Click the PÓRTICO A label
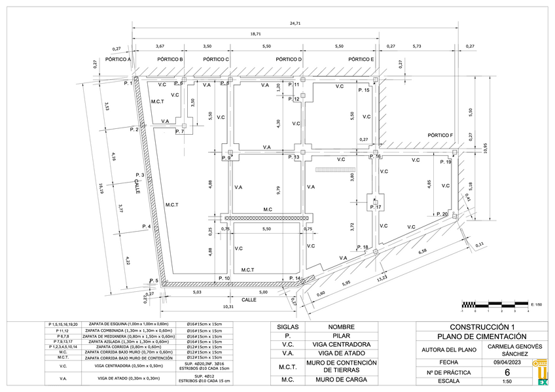coord(118,60)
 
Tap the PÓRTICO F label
coord(440,135)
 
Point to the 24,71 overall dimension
coord(295,24)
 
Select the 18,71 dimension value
coord(255,33)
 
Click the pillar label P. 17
coord(375,207)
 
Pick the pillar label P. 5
coord(153,281)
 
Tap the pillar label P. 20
coord(441,214)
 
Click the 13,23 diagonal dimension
coord(381,279)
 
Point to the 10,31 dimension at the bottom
coord(228,306)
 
